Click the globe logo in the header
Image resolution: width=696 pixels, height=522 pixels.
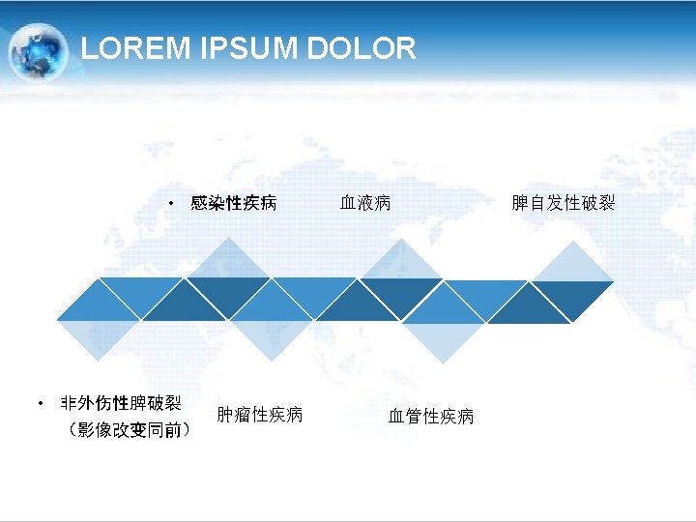[38, 50]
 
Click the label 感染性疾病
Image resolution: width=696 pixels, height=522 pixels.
[234, 203]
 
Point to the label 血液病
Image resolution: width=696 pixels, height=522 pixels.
[365, 203]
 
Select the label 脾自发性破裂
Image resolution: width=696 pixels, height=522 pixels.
[563, 203]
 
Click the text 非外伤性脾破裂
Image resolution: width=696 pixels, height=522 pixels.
[121, 403]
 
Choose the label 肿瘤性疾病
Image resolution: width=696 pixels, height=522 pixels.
[259, 415]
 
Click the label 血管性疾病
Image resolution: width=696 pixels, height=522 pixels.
[431, 417]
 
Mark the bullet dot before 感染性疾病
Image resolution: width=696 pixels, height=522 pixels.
[169, 204]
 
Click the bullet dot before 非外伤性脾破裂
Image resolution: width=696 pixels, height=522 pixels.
[40, 403]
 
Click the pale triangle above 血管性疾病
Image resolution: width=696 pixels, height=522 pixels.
[441, 339]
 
